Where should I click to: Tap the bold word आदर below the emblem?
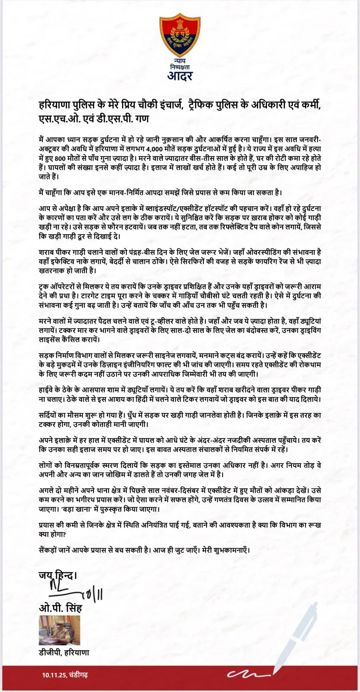point(180,76)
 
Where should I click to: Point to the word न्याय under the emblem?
point(180,62)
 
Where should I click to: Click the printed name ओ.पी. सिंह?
point(60,608)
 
